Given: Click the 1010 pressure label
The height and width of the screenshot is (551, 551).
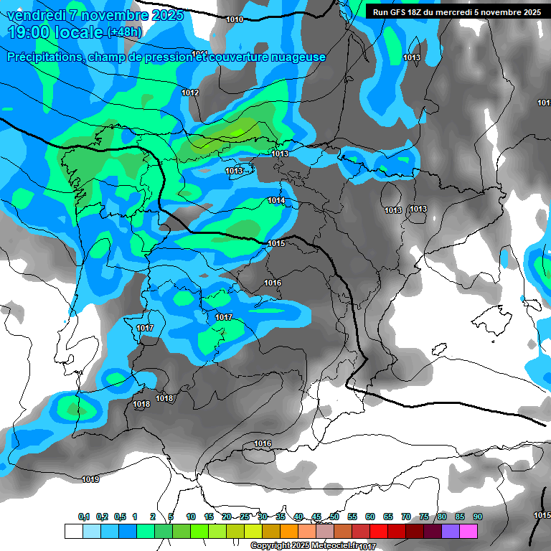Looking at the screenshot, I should click(x=234, y=19).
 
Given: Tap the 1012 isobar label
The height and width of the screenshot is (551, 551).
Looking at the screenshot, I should click(x=190, y=93).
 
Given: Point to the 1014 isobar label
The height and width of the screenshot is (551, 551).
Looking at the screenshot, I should click(x=276, y=200).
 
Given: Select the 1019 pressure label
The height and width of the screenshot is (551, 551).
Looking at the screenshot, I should click(x=90, y=479).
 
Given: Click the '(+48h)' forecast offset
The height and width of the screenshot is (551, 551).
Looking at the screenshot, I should click(x=125, y=32).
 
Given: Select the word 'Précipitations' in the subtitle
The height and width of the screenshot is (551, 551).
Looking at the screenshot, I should click(x=42, y=57).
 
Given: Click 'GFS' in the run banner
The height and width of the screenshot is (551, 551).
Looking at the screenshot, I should click(x=398, y=12).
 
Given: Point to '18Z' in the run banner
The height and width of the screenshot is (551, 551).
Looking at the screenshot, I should click(x=420, y=12).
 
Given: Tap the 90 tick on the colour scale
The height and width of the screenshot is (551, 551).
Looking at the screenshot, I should click(x=477, y=517).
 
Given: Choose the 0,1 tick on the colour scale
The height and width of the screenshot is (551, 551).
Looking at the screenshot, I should click(x=84, y=517).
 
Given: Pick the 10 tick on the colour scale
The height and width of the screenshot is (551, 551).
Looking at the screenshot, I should click(x=191, y=517).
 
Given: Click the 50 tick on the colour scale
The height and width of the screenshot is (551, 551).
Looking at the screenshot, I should click(x=334, y=517).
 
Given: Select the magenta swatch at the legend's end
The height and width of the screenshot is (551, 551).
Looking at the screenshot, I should click(x=468, y=531).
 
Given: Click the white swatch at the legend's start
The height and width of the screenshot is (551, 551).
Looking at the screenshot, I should click(x=73, y=531).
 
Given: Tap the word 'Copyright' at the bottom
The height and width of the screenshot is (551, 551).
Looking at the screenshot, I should click(x=270, y=546).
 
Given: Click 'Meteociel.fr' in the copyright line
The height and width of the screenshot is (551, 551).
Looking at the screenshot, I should click(x=331, y=546).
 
